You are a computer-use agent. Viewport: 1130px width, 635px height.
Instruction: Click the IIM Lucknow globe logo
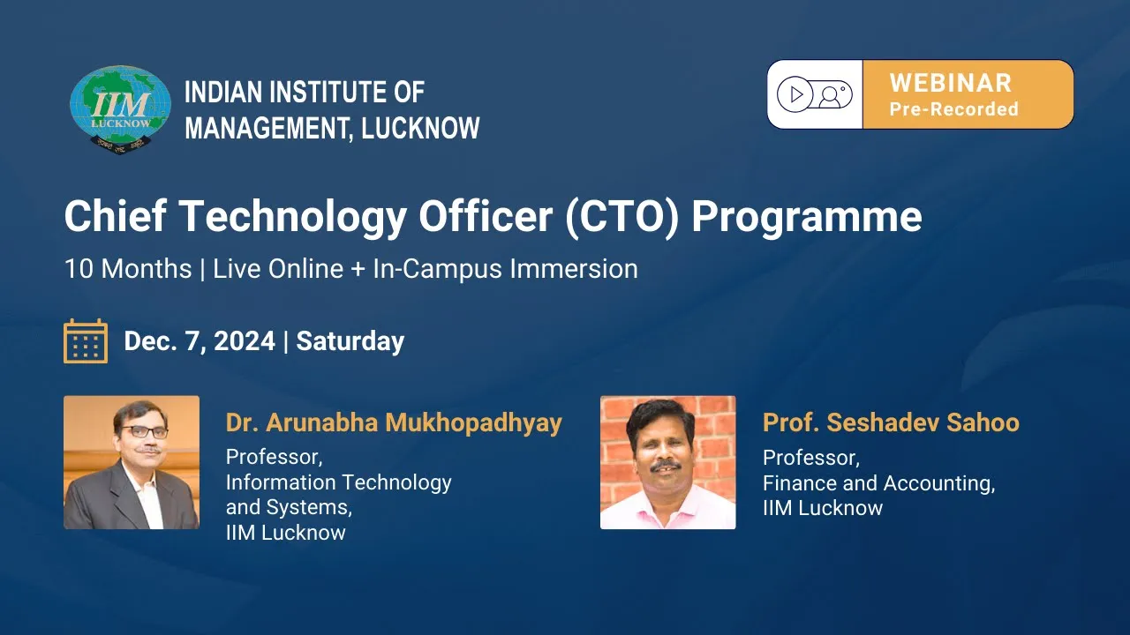coord(120,109)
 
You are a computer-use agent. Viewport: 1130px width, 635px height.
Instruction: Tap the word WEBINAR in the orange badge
coord(951,83)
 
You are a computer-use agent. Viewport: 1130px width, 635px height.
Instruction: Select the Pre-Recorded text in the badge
coord(954,108)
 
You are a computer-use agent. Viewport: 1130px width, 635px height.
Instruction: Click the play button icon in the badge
coord(795,94)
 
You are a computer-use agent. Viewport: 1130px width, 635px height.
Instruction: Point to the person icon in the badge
coord(830,96)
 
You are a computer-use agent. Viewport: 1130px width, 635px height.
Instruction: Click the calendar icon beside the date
coord(86,341)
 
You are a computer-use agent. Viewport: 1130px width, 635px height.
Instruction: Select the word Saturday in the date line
coord(350,341)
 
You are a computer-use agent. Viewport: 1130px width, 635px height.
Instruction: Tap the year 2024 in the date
coord(245,341)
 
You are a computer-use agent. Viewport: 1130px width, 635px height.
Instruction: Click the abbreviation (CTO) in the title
coord(622,217)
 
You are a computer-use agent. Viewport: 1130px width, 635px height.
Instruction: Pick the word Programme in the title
coord(807,218)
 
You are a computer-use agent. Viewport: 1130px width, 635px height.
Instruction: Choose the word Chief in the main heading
coord(116,216)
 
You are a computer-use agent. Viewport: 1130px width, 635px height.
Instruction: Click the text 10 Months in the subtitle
coord(128,269)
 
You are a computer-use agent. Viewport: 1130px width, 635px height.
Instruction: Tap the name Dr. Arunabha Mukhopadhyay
coord(394,422)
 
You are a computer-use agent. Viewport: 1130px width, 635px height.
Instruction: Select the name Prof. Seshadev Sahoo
coord(891,422)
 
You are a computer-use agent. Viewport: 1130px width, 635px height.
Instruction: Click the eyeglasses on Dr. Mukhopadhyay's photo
coord(143,432)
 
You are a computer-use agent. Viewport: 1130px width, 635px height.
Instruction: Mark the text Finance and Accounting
coord(878,483)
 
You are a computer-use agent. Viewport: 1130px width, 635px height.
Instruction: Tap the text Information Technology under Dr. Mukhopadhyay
coord(338,482)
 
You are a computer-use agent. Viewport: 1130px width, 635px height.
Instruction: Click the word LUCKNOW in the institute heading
coord(421,128)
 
